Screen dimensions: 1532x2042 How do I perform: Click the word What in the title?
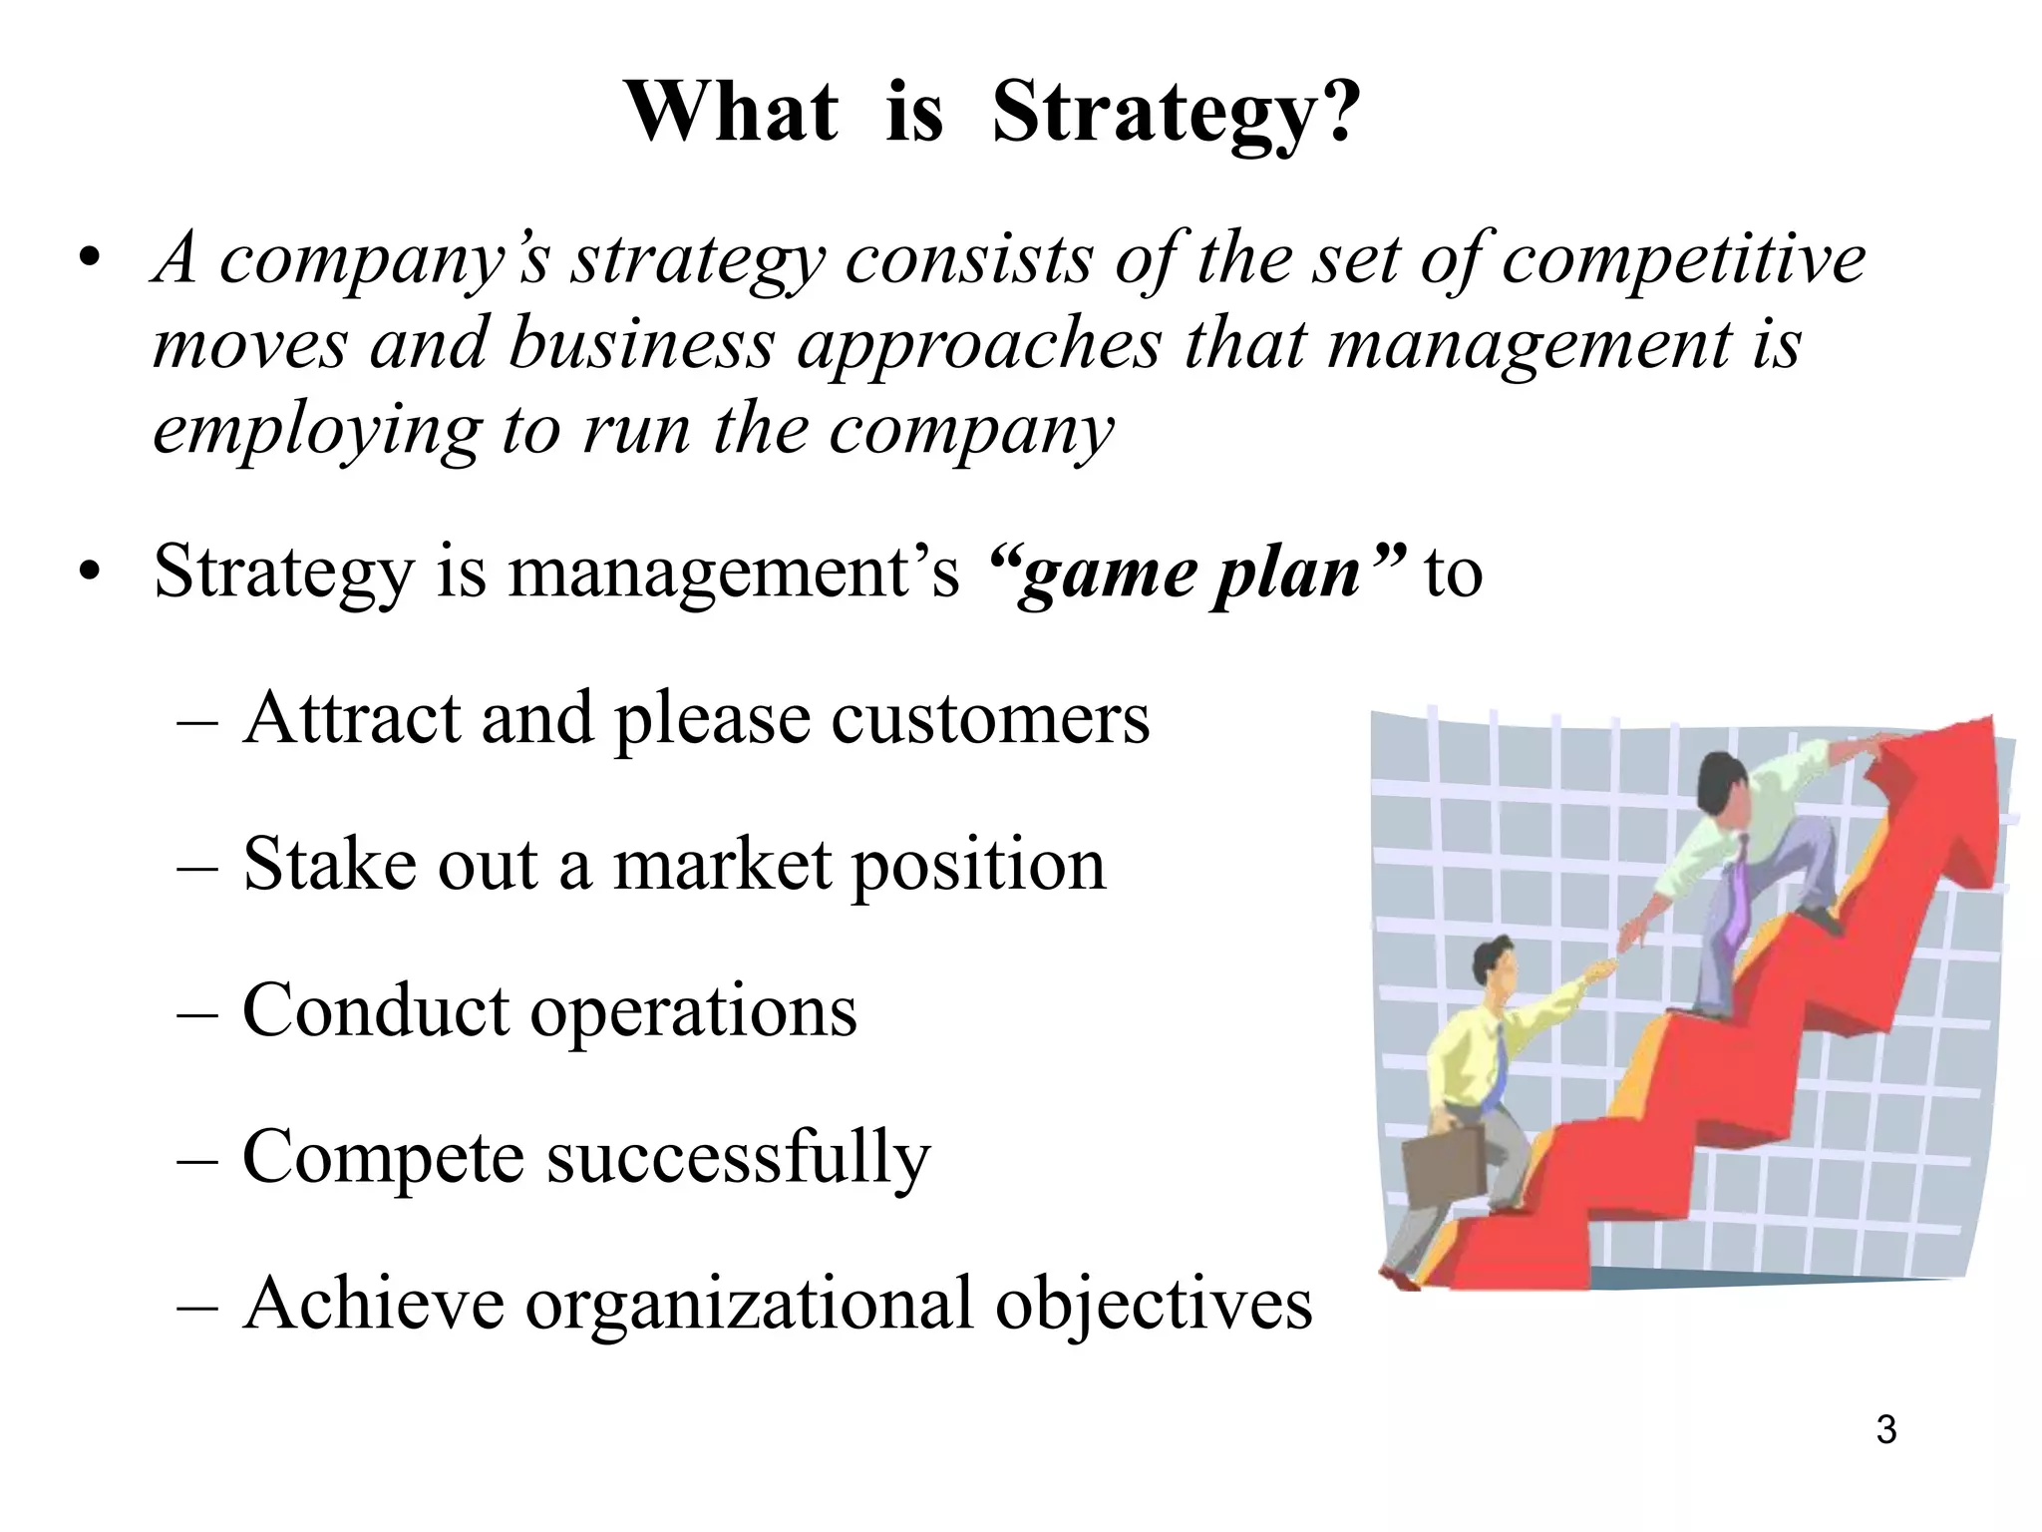pos(732,112)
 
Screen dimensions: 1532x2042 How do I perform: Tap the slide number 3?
pos(1885,1429)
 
